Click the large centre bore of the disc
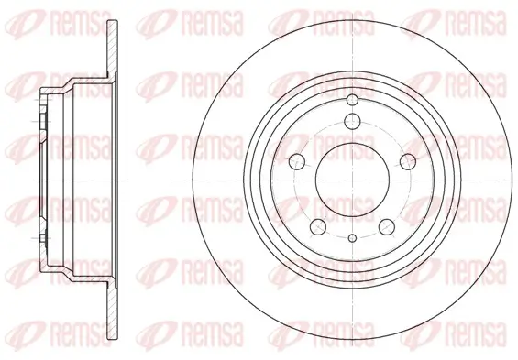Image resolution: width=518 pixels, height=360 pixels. [352, 180]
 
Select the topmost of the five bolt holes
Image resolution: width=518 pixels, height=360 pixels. [352, 121]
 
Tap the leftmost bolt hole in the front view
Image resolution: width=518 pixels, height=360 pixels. [297, 161]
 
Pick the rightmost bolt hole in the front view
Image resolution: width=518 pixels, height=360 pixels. [408, 161]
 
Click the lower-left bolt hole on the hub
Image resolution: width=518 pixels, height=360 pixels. [318, 227]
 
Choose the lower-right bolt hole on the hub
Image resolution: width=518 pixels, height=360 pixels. [387, 227]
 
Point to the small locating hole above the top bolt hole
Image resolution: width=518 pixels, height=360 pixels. [352, 99]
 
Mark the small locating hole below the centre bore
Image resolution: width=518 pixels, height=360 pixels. [353, 237]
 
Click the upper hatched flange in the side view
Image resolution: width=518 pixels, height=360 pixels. [113, 46]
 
